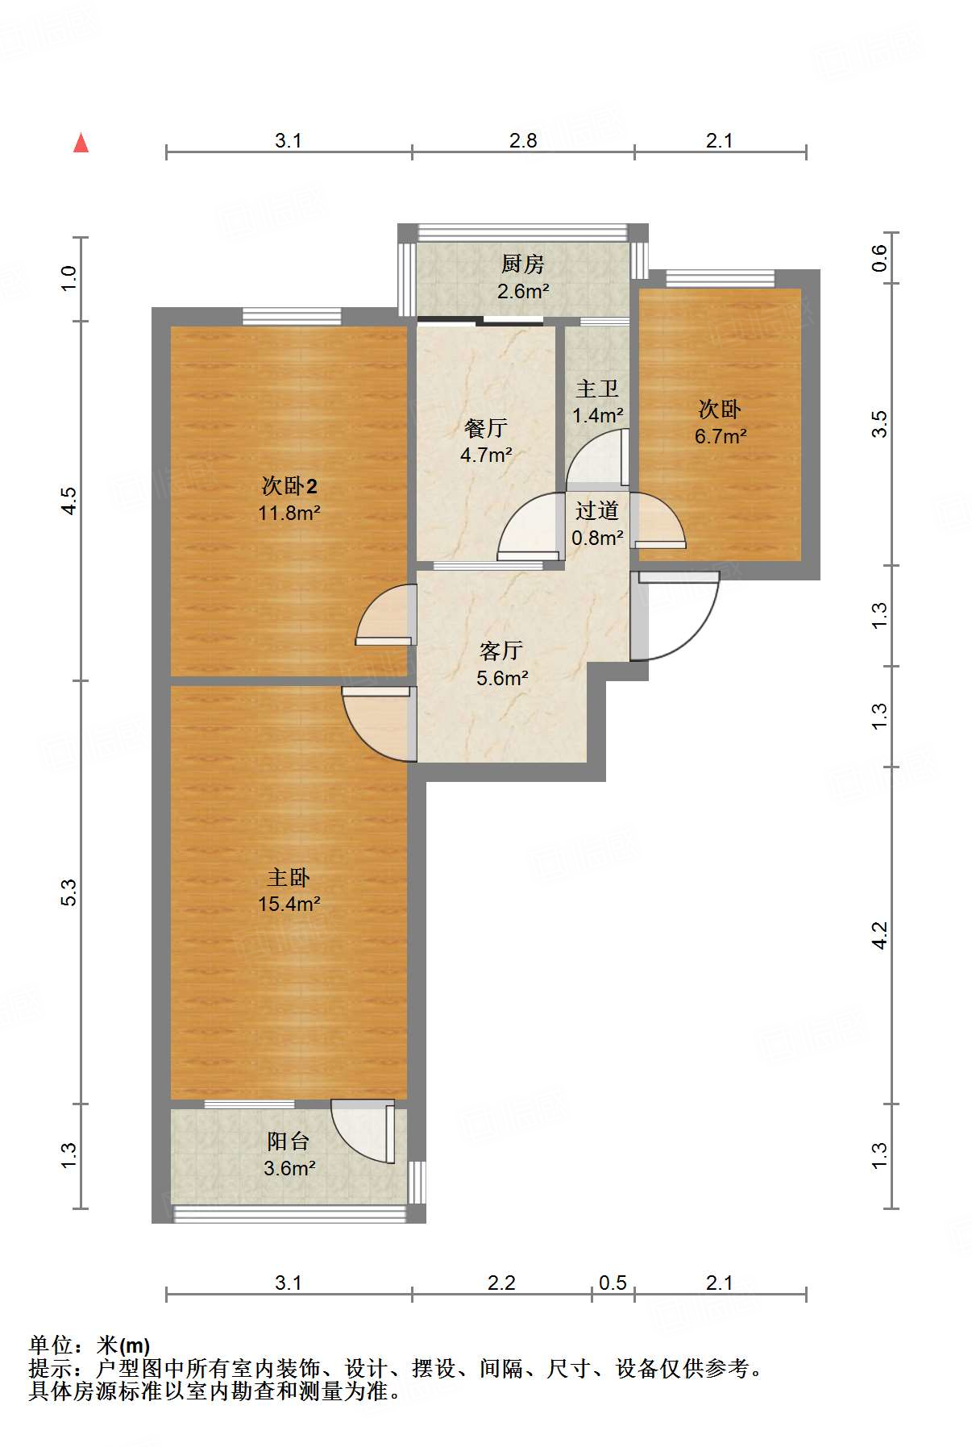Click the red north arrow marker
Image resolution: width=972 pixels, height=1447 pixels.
pos(81,143)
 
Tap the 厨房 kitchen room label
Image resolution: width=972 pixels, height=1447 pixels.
pos(523,264)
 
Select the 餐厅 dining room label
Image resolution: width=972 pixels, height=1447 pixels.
pos(486,428)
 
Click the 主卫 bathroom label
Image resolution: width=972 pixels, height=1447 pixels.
pos(597,389)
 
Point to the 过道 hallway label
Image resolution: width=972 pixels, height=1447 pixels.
pos(597,510)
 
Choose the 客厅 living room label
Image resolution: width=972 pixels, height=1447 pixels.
pos(501,651)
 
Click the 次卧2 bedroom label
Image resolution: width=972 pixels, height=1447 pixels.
pos(289,485)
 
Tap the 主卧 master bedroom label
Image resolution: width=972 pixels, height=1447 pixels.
pos(289,877)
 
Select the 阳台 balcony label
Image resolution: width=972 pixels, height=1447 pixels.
pos(289,1141)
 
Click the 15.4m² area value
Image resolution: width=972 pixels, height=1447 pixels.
pos(289,904)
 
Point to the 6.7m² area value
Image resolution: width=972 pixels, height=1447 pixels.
pos(721,436)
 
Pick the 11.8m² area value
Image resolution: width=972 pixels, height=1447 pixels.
pos(289,512)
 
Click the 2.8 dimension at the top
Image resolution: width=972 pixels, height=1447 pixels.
pos(523,140)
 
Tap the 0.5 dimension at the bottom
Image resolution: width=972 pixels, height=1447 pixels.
pos(613,1283)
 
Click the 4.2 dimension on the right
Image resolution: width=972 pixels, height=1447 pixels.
pos(879,935)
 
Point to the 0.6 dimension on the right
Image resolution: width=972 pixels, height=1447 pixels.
pos(879,258)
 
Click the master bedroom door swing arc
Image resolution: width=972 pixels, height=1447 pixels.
pos(363,736)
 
